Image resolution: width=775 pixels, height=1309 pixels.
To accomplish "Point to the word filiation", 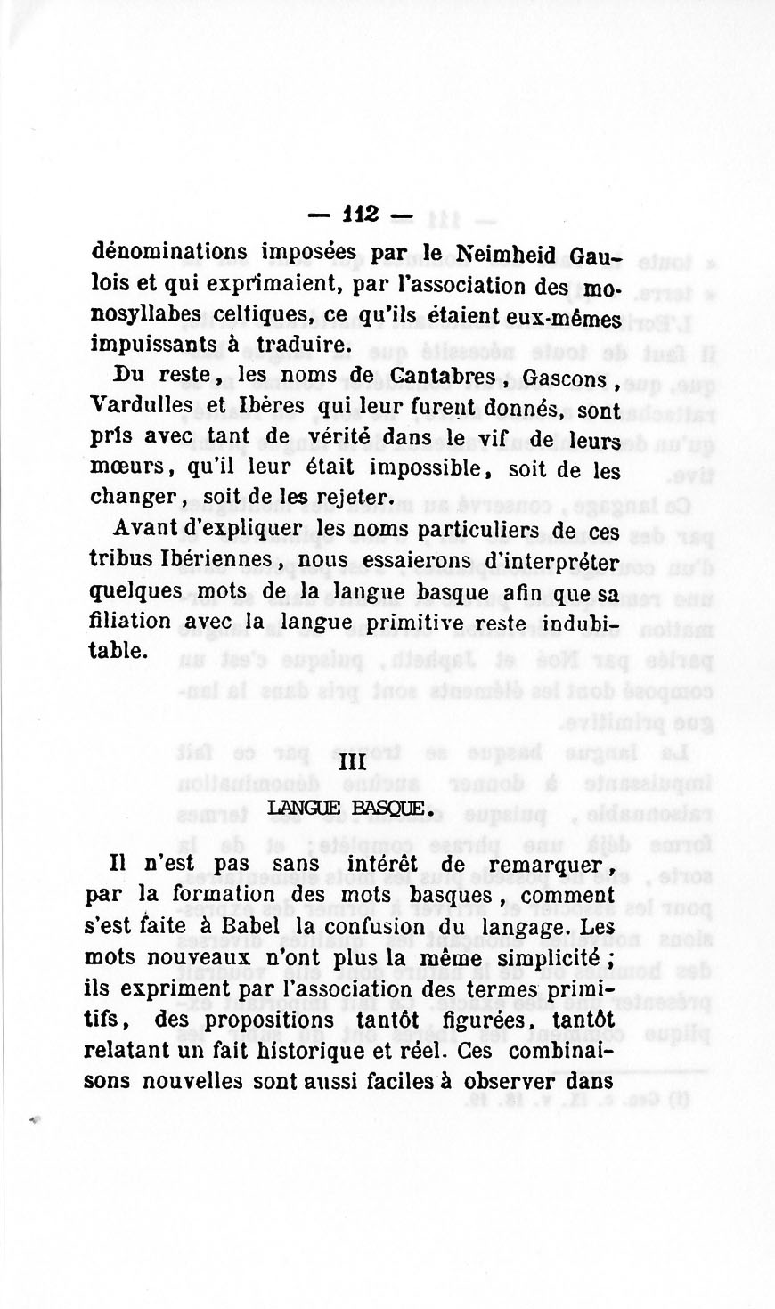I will pyautogui.click(x=130, y=621).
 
